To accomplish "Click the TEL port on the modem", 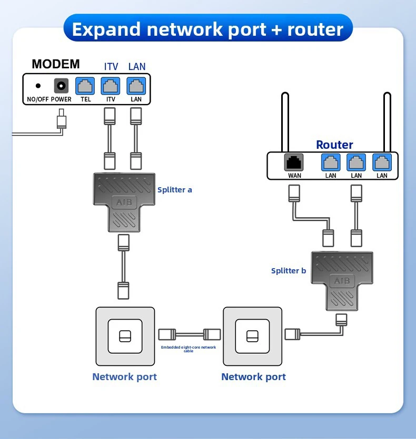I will coord(85,86).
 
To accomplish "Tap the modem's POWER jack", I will coord(61,86).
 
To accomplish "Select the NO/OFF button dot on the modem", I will coord(38,86).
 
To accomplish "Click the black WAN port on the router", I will coord(294,162).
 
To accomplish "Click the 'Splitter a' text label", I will coord(175,190).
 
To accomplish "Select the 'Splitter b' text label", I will coord(289,271).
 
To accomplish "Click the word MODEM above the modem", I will coord(56,64).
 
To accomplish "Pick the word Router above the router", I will coord(334,145).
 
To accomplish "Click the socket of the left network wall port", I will coord(125,336).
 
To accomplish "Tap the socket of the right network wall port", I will coord(253,336).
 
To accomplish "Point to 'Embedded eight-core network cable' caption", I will coord(189,349).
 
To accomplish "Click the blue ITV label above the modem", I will coord(111,67).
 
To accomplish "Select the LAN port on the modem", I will coord(136,86).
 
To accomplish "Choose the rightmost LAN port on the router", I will coord(382,162).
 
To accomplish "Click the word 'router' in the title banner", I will coord(315,29).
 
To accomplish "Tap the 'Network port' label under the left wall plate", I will coord(124,376).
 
